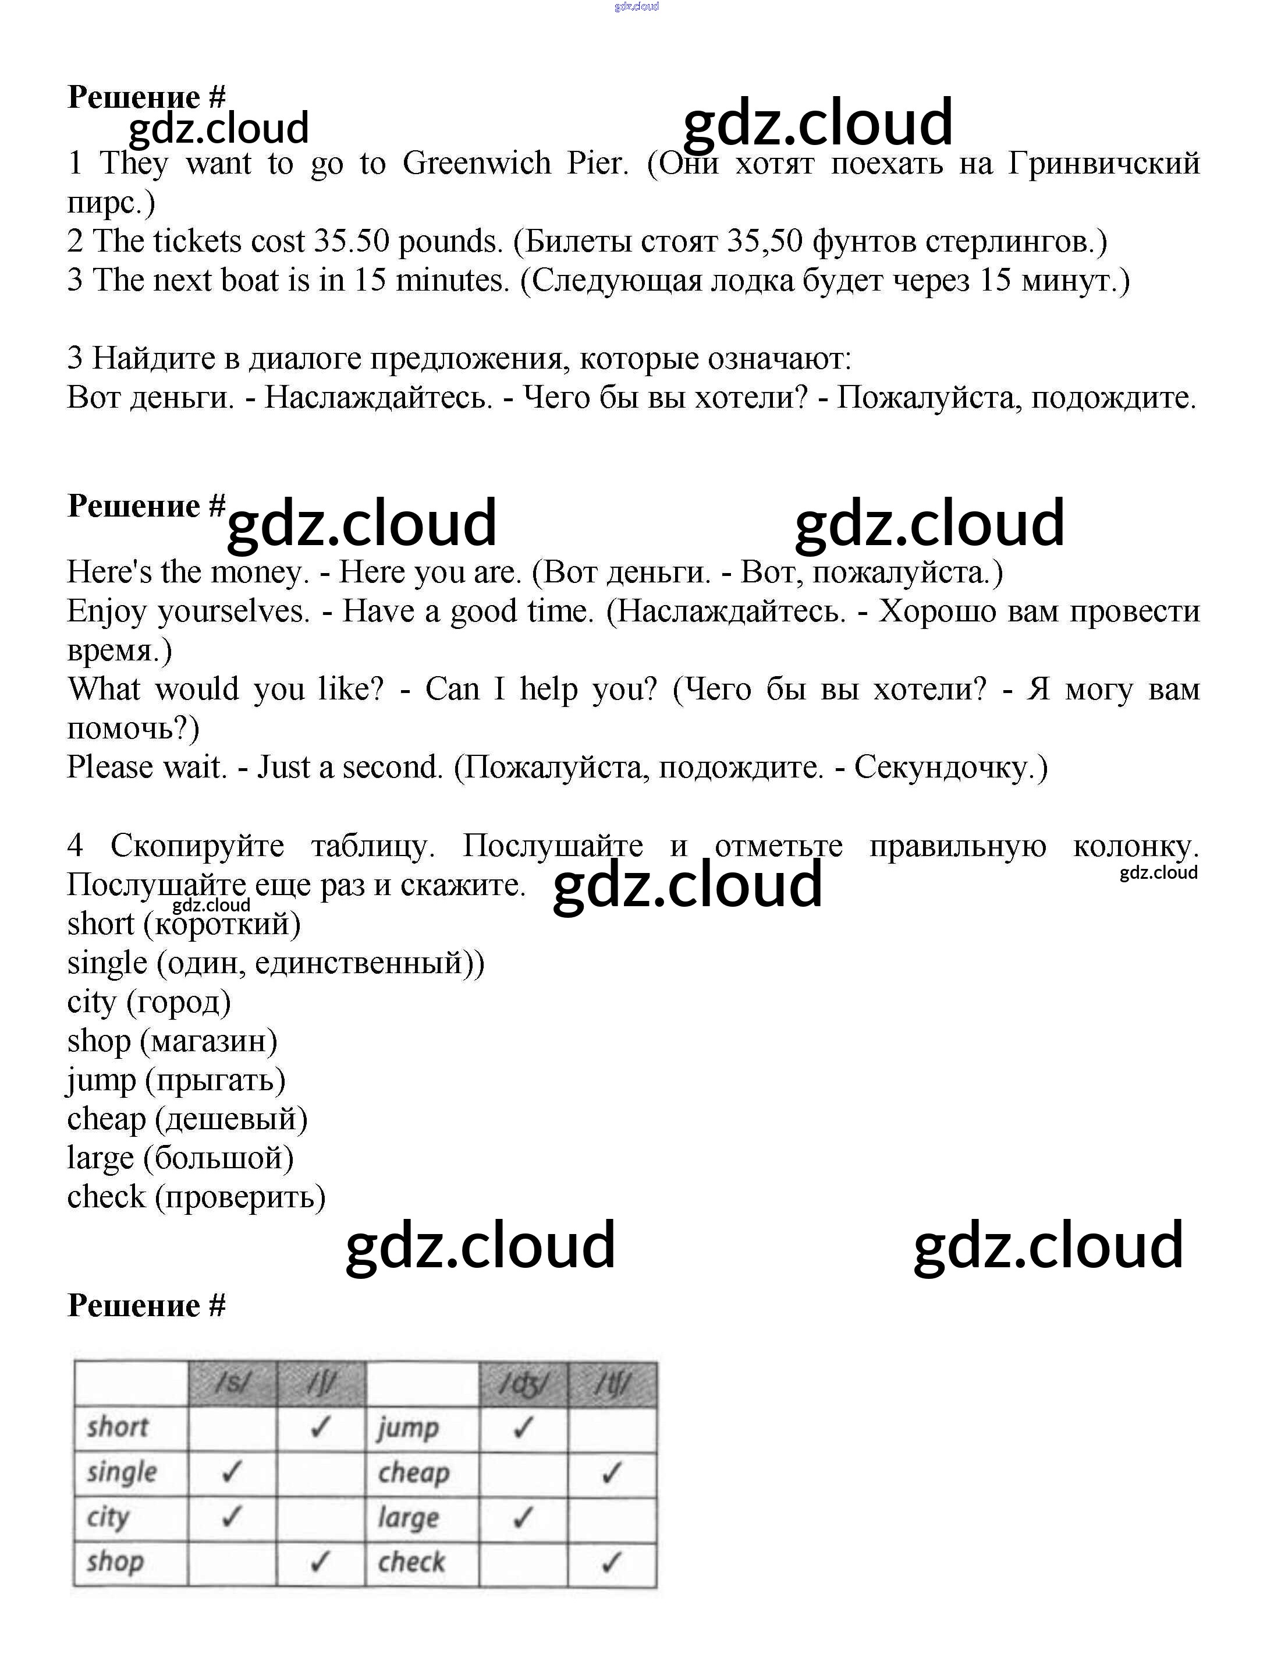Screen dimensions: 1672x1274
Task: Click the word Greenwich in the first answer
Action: pyautogui.click(x=476, y=164)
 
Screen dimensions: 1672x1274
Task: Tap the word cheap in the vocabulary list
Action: pyautogui.click(x=106, y=1120)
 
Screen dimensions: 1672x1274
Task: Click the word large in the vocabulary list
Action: pyautogui.click(x=101, y=1159)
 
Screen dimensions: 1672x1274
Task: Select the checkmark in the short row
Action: pyautogui.click(x=321, y=1429)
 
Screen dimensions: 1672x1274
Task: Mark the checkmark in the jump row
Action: pyautogui.click(x=523, y=1429)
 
